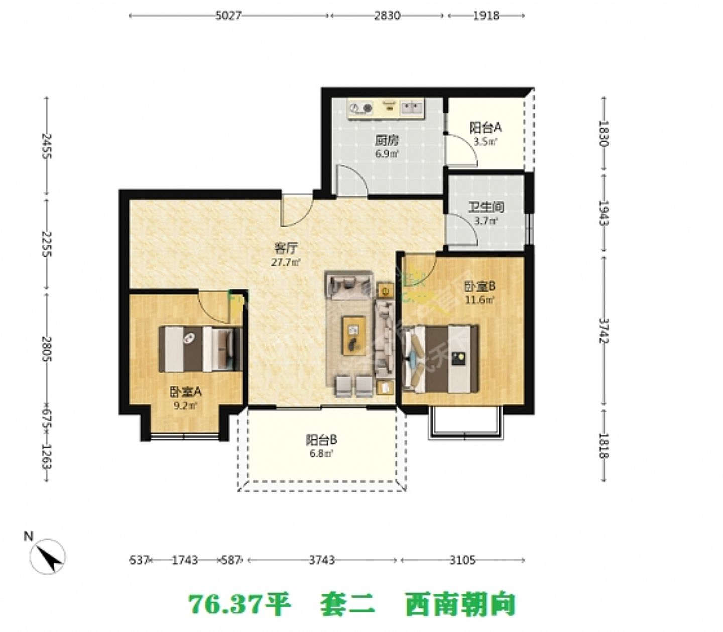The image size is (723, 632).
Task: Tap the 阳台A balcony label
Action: tap(486, 128)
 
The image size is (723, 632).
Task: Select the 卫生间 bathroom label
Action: tap(486, 207)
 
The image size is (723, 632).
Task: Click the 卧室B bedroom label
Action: tap(480, 286)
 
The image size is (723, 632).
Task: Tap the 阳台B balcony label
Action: tap(321, 440)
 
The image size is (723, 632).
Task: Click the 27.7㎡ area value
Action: tap(287, 262)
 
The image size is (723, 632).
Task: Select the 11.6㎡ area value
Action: tap(480, 300)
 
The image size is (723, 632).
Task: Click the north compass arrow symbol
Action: tap(48, 556)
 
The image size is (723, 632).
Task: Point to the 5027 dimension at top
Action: tap(228, 16)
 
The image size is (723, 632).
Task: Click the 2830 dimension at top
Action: tap(387, 16)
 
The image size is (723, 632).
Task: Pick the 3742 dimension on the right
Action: tap(604, 330)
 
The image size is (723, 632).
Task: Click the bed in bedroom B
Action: tap(441, 358)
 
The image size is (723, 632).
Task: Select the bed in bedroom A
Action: tap(200, 349)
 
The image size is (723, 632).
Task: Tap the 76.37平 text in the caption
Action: tap(239, 604)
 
